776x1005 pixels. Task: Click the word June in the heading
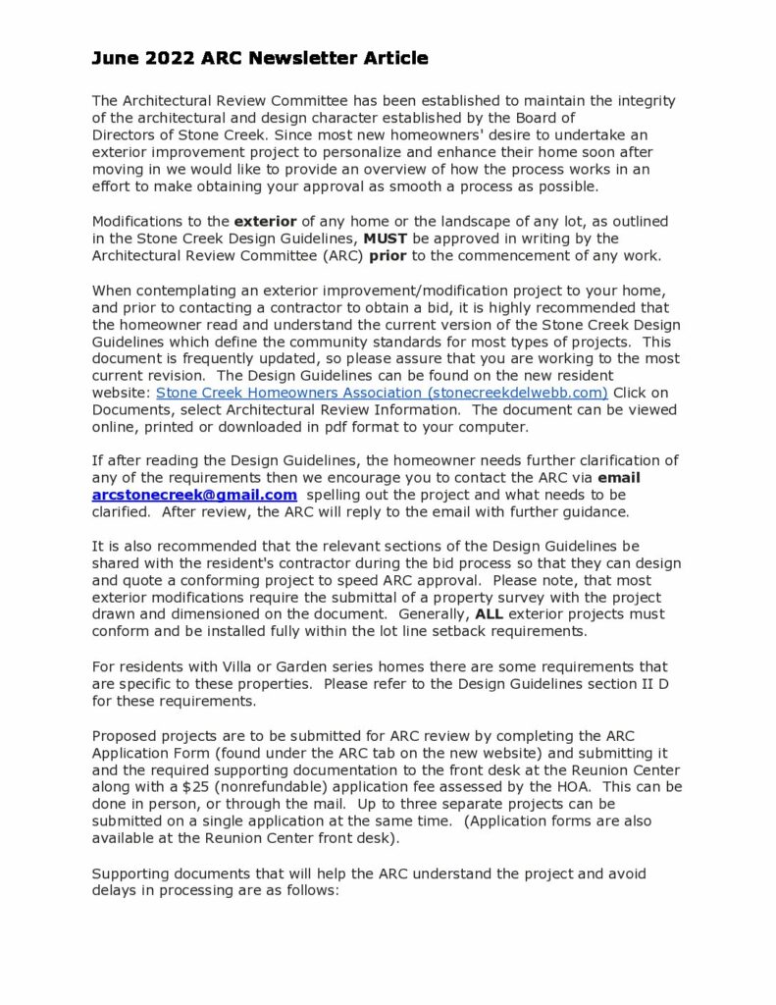[115, 59]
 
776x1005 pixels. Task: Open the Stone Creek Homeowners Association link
[383, 392]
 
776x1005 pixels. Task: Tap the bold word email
[618, 478]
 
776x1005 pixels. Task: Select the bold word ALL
[489, 614]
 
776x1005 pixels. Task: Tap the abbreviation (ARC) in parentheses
[335, 255]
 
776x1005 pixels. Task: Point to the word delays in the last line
[115, 889]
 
